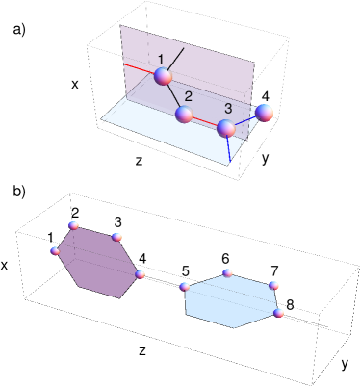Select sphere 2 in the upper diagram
click(185, 116)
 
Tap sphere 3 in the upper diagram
click(226, 128)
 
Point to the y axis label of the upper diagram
click(265, 158)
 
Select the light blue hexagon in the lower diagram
click(230, 300)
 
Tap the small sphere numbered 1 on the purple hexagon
click(55, 251)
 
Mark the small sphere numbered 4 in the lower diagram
click(141, 274)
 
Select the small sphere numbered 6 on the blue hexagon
click(227, 273)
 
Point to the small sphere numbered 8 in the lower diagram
click(279, 312)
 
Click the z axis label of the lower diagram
click(141, 350)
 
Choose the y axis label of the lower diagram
click(345, 363)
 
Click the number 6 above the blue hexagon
click(225, 258)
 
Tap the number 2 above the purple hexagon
click(75, 213)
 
